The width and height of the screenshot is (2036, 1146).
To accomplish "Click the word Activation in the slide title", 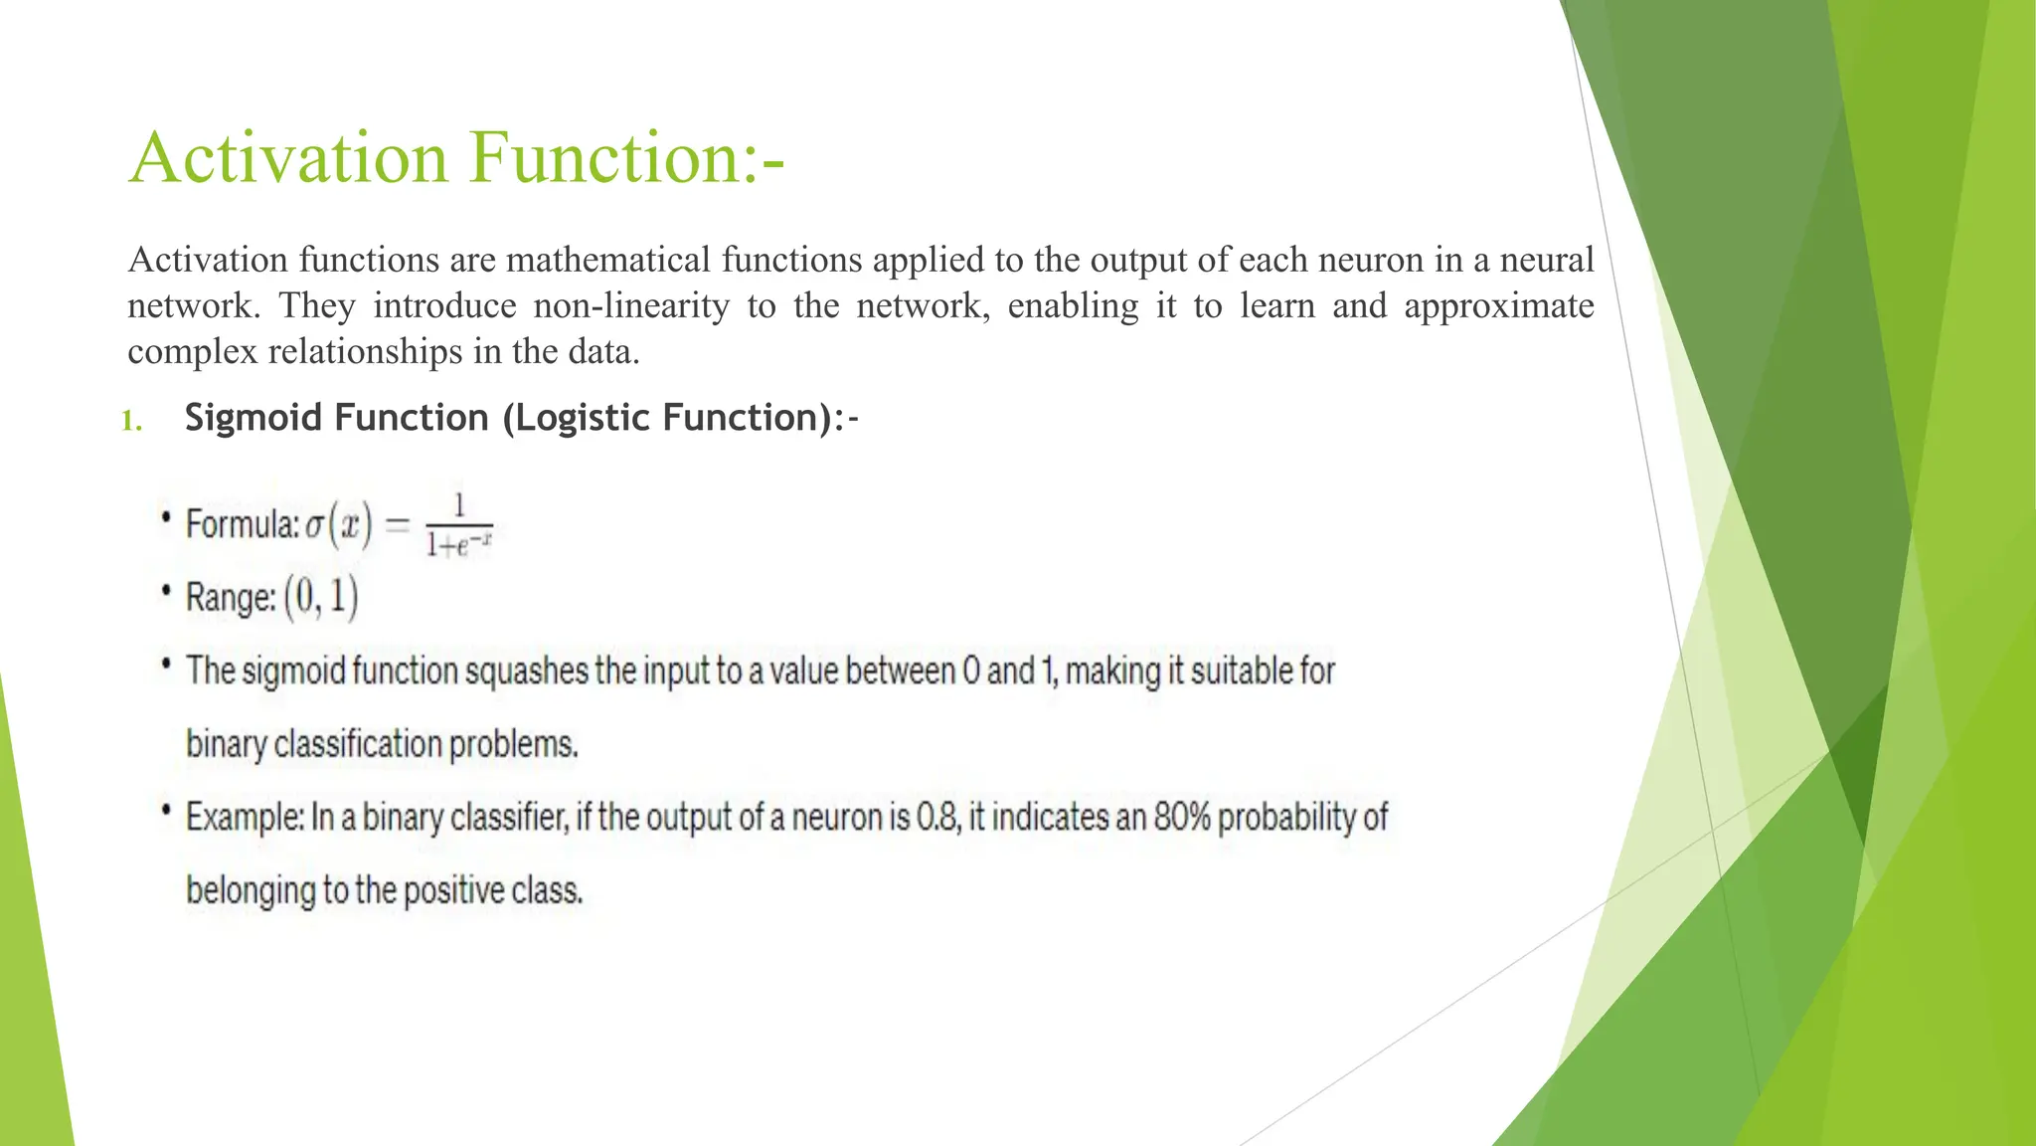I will point(288,158).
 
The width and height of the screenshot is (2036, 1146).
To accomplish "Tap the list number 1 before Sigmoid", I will point(130,421).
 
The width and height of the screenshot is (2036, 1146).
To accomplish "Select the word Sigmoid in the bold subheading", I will point(252,418).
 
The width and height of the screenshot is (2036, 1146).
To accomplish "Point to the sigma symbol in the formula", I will point(314,525).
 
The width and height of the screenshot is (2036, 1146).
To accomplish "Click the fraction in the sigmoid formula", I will point(459,525).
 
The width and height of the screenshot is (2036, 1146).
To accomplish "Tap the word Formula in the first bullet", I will point(242,523).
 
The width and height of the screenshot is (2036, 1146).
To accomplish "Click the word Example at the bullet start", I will point(245,818).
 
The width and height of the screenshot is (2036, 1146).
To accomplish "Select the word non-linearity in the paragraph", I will point(631,305).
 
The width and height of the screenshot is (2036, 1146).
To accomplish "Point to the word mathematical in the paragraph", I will point(608,260).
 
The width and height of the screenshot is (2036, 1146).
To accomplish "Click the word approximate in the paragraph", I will point(1498,305).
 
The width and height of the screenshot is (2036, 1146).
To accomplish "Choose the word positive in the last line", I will point(453,890).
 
